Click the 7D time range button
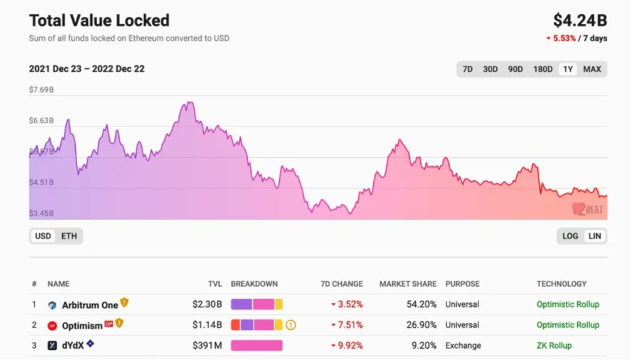pos(467,69)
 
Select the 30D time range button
pos(490,69)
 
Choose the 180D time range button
pos(543,69)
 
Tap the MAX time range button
pos(592,69)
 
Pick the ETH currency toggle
pos(69,235)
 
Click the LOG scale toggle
pos(570,236)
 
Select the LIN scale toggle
pos(595,236)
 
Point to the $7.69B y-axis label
pos(41,90)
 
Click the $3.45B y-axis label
pos(41,213)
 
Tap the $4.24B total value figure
pos(580,20)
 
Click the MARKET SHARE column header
pos(408,284)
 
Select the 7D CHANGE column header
pos(341,284)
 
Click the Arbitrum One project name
pos(90,305)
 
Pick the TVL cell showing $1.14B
pos(207,325)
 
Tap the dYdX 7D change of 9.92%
pos(349,346)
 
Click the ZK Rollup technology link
pos(554,346)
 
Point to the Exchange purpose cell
pos(463,346)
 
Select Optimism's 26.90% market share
pos(420,325)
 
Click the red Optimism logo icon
pos(52,326)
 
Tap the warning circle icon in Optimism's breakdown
pos(290,325)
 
